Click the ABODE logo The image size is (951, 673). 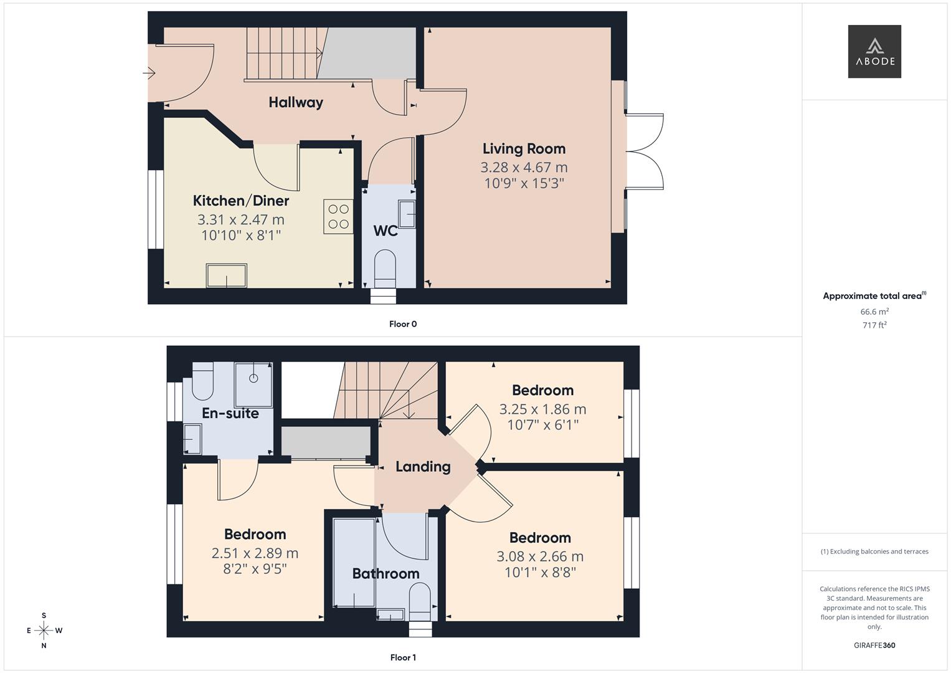[874, 52]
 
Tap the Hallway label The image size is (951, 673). [296, 102]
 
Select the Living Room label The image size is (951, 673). [524, 148]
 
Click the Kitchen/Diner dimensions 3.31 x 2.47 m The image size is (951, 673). [240, 219]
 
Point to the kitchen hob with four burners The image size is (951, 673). [338, 216]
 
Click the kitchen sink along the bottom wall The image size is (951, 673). [227, 275]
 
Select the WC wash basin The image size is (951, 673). [407, 214]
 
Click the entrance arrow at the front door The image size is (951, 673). [149, 74]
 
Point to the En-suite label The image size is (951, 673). [230, 413]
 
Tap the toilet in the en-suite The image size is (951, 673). [202, 381]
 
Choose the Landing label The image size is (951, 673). [423, 467]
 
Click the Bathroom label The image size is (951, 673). [386, 573]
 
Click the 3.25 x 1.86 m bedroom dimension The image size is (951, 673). [542, 409]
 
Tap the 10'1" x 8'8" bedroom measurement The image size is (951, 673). [540, 572]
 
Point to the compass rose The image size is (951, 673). [44, 630]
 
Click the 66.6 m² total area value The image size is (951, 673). [874, 312]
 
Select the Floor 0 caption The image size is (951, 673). [402, 324]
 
